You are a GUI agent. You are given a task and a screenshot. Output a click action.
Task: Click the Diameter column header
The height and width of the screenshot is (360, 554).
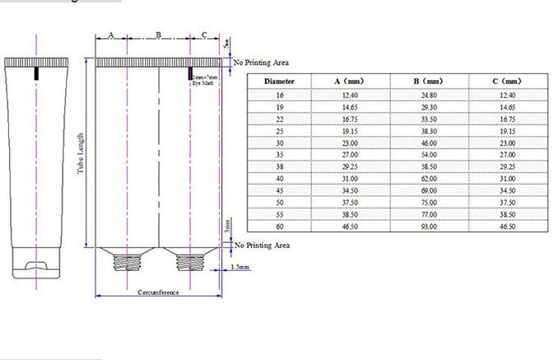(x=279, y=82)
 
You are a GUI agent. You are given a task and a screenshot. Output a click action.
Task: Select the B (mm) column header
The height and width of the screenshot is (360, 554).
(x=429, y=82)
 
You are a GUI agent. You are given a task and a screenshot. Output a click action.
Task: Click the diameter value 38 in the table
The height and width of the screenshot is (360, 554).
(x=279, y=166)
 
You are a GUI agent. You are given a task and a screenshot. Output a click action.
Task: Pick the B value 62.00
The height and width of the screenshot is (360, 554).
(x=429, y=178)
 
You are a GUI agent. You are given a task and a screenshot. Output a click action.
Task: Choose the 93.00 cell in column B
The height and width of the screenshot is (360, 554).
(x=429, y=226)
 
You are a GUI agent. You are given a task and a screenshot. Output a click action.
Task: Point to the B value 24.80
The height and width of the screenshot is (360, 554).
(x=429, y=95)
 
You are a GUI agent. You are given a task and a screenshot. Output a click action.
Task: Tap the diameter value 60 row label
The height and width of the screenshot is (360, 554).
(x=279, y=226)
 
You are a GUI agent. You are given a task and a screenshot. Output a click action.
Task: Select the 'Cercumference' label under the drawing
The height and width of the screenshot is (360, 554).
(x=158, y=293)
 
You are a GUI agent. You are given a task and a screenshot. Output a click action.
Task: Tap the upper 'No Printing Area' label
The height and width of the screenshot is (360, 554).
(x=261, y=63)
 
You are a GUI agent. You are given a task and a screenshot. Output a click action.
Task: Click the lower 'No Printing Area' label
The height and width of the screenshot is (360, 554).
(x=261, y=245)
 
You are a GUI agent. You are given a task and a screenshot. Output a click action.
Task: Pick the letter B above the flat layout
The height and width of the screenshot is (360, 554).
(x=158, y=36)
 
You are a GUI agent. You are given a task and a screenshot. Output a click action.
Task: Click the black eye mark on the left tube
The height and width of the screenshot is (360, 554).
(x=36, y=74)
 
